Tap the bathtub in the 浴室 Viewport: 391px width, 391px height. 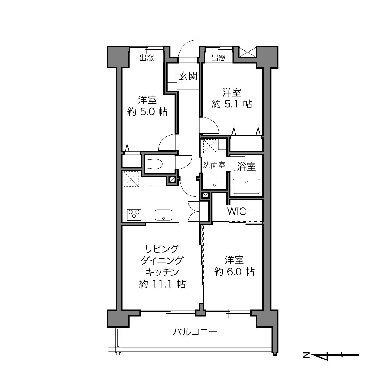(x=246, y=186)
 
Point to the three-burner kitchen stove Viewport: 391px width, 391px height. (x=134, y=215)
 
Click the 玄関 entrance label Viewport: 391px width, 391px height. (x=188, y=76)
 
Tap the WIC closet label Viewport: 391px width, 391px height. (x=237, y=211)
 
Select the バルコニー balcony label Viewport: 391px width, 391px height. (x=195, y=332)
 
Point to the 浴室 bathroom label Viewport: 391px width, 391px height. (x=246, y=166)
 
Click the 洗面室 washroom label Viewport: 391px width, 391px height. (x=214, y=165)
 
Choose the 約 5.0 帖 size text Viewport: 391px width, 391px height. (x=147, y=112)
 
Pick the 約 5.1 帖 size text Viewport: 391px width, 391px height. (x=232, y=104)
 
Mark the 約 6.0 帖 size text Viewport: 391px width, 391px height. (x=234, y=272)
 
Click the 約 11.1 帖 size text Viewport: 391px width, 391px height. (x=162, y=284)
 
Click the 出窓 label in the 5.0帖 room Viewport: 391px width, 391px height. (x=146, y=58)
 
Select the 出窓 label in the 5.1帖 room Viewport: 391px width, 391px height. (x=219, y=58)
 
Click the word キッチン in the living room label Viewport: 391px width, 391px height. (x=162, y=272)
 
